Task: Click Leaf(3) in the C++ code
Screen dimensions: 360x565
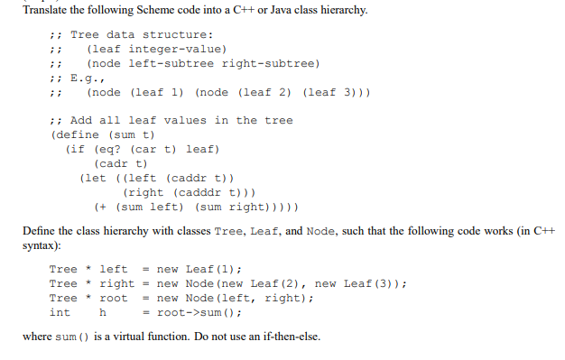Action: (372, 283)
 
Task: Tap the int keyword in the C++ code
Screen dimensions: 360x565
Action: (60, 312)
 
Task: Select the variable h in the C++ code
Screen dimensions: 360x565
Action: (103, 312)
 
